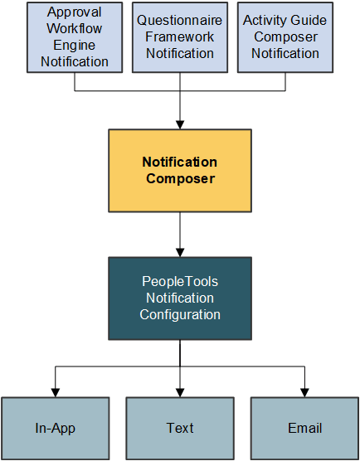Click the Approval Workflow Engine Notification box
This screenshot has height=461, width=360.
(75, 37)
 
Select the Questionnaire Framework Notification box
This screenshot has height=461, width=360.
(180, 37)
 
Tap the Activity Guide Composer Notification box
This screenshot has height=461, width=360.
(285, 37)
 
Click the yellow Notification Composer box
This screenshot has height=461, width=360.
(180, 170)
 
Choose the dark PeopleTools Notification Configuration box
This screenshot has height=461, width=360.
(180, 298)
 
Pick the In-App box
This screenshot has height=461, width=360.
(56, 428)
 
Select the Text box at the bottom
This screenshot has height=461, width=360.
(180, 428)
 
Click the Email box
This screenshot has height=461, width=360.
(304, 428)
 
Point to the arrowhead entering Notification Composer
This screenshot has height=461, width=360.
(180, 124)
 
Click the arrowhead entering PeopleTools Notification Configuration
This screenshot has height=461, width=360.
(180, 252)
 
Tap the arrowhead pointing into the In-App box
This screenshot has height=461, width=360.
(56, 392)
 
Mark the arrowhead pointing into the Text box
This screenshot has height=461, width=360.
(180, 392)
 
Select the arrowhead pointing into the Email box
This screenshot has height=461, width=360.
(304, 392)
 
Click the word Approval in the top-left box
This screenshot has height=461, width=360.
(75, 12)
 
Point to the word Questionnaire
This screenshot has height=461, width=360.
(180, 20)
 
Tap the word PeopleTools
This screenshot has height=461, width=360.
(180, 282)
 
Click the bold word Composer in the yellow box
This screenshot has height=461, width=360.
(180, 178)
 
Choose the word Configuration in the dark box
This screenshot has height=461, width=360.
(180, 315)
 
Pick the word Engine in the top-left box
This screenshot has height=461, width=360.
(75, 46)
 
